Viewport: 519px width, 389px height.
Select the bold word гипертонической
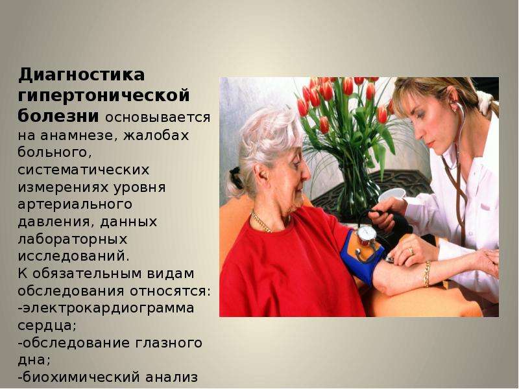click(x=104, y=96)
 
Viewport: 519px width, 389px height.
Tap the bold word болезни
click(x=58, y=117)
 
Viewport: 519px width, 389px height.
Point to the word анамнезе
click(x=78, y=136)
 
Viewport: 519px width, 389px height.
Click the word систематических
click(x=84, y=170)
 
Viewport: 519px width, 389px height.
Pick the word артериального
click(x=75, y=205)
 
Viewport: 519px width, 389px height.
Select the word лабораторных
click(x=73, y=239)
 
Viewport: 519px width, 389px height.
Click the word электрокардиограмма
click(x=108, y=309)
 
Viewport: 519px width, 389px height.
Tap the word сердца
click(x=47, y=326)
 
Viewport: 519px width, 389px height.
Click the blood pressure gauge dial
click(x=367, y=233)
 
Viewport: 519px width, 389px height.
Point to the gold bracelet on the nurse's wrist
click(x=427, y=274)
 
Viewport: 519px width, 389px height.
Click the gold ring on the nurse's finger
click(x=411, y=252)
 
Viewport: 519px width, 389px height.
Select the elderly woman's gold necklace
click(x=261, y=222)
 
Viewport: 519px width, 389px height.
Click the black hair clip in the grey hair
click(x=235, y=178)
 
